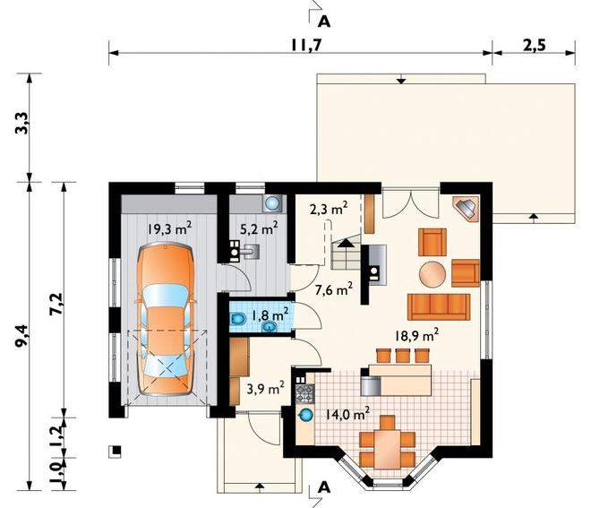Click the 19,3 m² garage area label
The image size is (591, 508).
(169, 228)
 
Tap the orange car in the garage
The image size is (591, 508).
(166, 319)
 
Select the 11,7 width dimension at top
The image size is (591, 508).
(306, 46)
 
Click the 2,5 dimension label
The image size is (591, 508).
(534, 46)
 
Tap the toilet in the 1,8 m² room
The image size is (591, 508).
(237, 320)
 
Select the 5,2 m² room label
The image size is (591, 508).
(260, 228)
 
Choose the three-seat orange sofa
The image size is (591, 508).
(439, 307)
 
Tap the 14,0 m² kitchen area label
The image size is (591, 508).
(347, 414)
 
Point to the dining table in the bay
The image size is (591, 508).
(388, 449)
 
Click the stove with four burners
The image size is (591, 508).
(304, 394)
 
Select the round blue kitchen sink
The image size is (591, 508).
(306, 416)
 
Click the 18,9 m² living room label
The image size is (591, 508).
(416, 336)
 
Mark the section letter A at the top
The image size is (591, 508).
(324, 22)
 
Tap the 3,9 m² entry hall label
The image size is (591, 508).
(265, 389)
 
